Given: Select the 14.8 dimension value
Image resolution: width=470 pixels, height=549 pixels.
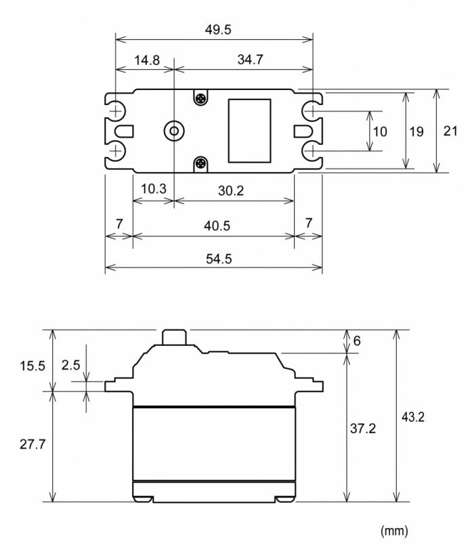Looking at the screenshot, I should pyautogui.click(x=147, y=60).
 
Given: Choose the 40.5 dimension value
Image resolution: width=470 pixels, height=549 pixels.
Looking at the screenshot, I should pyautogui.click(x=215, y=225).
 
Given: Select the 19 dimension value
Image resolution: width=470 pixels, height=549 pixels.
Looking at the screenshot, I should pyautogui.click(x=416, y=131).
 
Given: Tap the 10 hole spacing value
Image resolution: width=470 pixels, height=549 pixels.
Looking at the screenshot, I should pyautogui.click(x=380, y=131).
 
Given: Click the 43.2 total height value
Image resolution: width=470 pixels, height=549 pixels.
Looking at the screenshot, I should pyautogui.click(x=412, y=417).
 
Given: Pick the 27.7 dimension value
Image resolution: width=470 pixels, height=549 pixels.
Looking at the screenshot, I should pyautogui.click(x=33, y=446).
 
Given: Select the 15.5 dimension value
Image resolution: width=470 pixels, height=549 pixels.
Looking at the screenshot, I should pyautogui.click(x=33, y=366).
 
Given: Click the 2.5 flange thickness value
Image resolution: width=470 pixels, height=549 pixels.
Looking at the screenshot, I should pyautogui.click(x=71, y=366).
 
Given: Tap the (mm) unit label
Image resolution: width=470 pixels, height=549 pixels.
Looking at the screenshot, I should pyautogui.click(x=395, y=529).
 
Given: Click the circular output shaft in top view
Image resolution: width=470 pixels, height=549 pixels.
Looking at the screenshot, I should pyautogui.click(x=175, y=130).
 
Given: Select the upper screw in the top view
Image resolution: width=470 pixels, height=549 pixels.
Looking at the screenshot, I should pyautogui.click(x=200, y=99).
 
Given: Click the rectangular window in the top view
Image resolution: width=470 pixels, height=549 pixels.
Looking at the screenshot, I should pyautogui.click(x=249, y=130).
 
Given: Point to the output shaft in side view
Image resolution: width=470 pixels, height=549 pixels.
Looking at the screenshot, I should pyautogui.click(x=175, y=336).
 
